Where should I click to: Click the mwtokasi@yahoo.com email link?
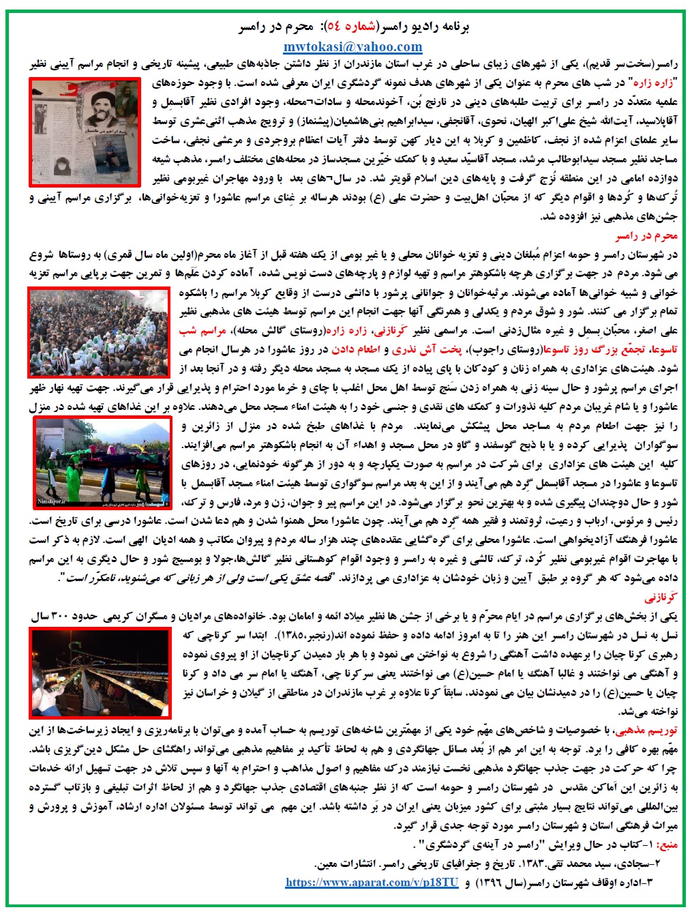352,46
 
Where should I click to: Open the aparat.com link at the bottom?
372,882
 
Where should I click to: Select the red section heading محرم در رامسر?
646,236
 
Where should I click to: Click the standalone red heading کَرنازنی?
661,598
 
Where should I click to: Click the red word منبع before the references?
667,844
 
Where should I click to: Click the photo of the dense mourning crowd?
99,332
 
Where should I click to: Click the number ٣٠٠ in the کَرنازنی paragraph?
60,617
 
